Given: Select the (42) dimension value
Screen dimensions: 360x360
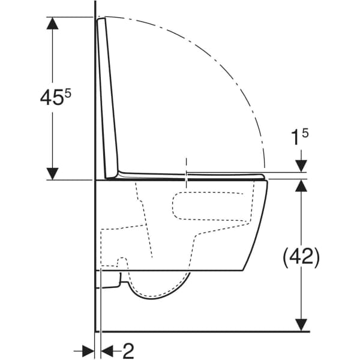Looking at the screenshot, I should coord(301,257).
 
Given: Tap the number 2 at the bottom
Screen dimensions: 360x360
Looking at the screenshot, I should coord(128,350).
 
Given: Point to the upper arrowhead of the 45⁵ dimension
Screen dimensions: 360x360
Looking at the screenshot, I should coord(53,25).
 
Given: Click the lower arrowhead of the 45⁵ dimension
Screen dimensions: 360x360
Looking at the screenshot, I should coord(53,172).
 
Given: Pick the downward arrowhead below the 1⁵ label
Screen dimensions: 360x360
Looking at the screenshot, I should coord(301,166).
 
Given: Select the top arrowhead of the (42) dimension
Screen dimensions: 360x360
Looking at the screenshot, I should coord(301,186).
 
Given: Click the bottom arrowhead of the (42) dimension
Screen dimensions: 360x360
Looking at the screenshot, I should coord(301,324).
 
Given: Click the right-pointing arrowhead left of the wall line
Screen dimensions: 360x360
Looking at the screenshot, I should coord(88,350).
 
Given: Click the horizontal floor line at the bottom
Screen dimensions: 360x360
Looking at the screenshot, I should coord(204,331).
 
